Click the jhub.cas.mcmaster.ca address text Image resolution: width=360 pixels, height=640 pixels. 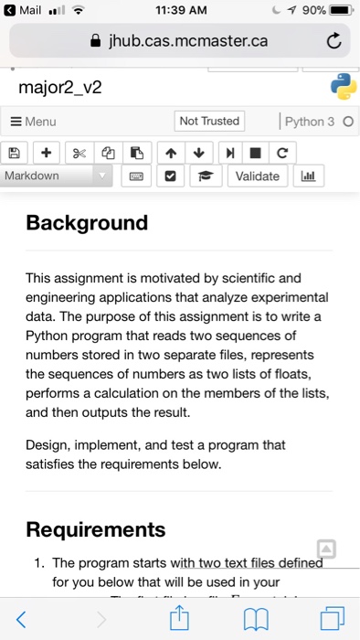[x=188, y=41]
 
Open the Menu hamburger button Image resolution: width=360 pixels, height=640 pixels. [x=34, y=122]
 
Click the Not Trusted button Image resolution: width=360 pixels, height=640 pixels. [x=209, y=122]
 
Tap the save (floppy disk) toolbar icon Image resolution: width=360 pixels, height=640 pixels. [x=13, y=152]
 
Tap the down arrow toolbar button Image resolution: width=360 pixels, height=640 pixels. [x=204, y=152]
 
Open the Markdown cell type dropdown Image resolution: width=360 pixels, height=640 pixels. [x=57, y=176]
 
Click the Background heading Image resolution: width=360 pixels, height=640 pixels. [x=87, y=223]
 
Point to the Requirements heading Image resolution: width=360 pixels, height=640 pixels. [x=96, y=529]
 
